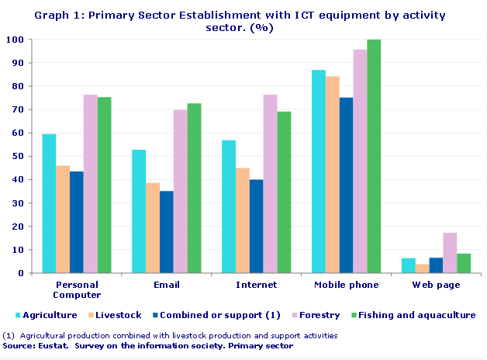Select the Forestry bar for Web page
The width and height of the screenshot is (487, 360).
coord(450,253)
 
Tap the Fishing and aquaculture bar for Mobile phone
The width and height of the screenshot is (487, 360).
coord(374,156)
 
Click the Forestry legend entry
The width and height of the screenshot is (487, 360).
coord(313,315)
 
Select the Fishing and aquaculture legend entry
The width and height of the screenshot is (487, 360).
coord(414,315)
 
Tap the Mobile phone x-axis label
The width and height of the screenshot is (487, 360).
coord(346,285)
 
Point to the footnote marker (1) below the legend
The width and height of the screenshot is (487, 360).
coord(9,336)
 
